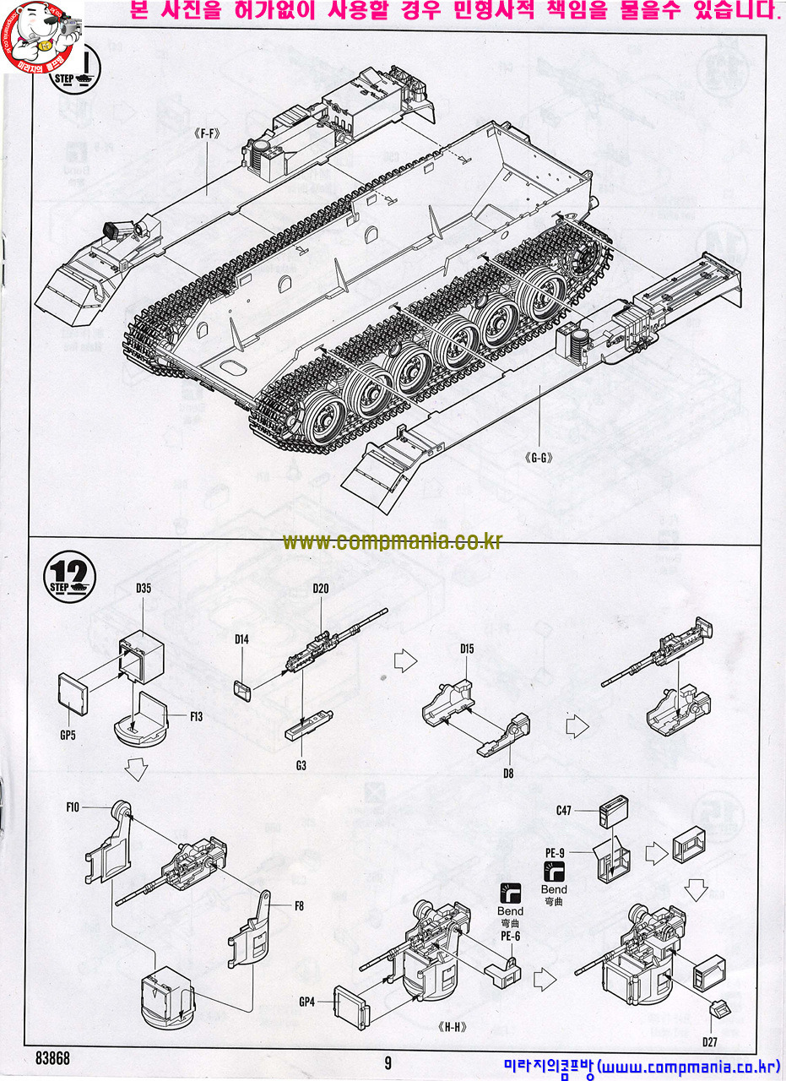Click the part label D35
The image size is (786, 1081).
point(143,611)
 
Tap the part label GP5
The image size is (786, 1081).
point(68,735)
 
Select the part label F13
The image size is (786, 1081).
point(196,717)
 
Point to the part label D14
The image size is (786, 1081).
point(242,639)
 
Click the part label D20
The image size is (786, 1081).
point(321,589)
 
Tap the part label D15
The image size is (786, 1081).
point(468,649)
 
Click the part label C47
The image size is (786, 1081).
point(564,811)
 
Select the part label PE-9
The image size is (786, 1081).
point(555,853)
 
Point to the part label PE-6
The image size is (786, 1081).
point(510,936)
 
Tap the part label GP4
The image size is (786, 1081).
point(306,1002)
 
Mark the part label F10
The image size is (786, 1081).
point(73,807)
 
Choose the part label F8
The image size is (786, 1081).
point(299,906)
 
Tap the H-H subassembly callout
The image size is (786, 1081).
point(453,1028)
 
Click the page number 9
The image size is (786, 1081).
point(388,1062)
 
